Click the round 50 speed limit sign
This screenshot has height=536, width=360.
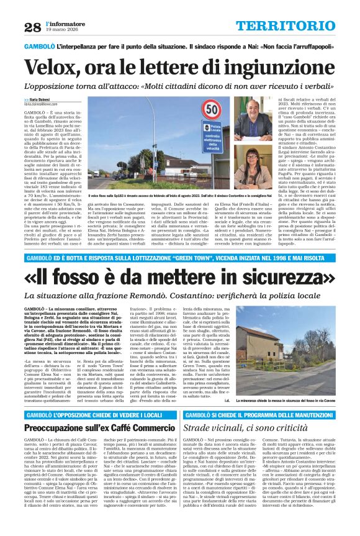(x=212, y=110)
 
